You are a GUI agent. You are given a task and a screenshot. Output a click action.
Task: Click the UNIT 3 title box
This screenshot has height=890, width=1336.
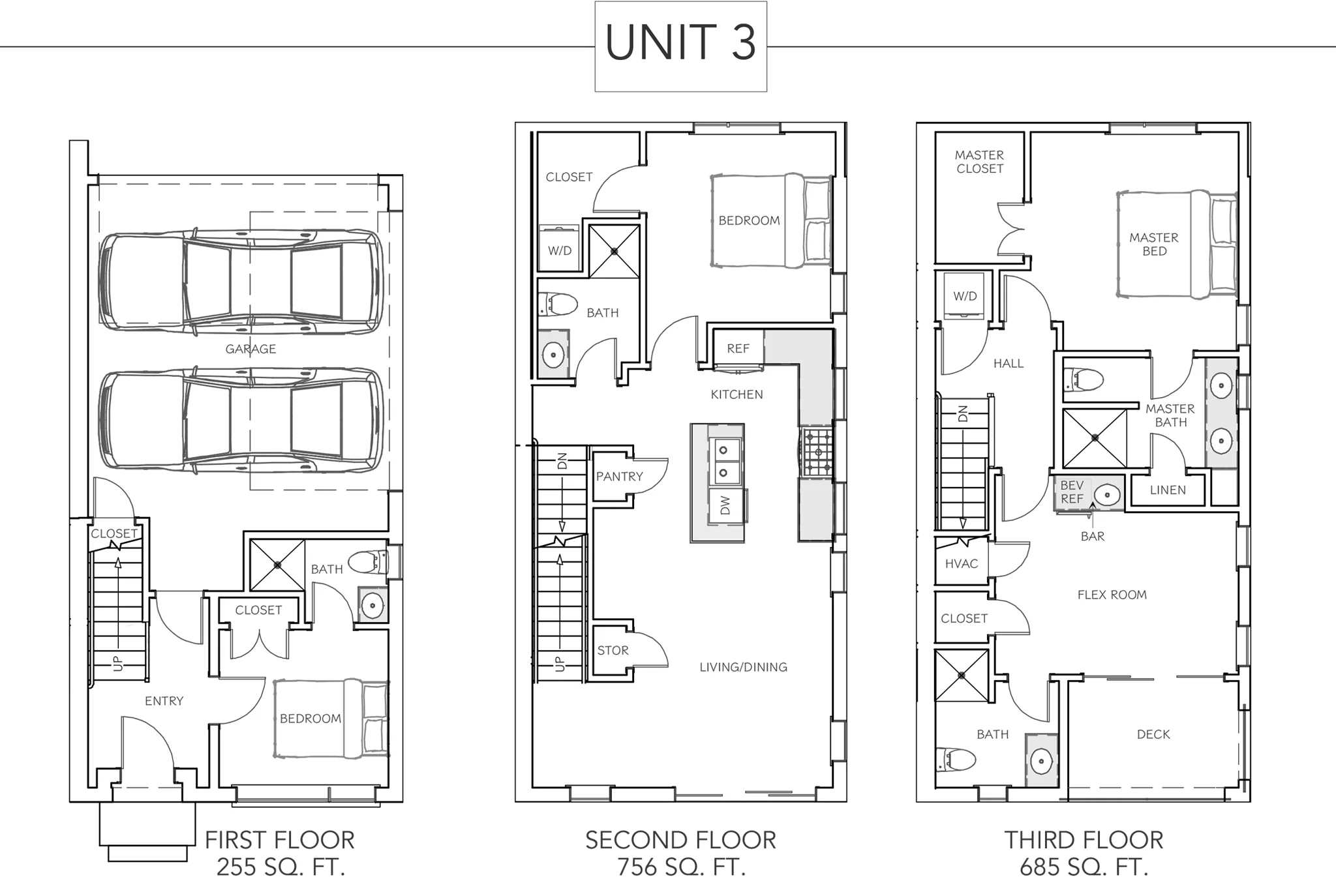680,46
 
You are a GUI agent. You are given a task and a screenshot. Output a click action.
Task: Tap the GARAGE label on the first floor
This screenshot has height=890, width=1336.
250,349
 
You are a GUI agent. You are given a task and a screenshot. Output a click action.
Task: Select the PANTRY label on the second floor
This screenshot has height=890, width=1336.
619,477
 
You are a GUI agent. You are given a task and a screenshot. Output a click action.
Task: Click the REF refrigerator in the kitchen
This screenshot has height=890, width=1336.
738,349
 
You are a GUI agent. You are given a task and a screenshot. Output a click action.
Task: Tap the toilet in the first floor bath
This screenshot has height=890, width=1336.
368,561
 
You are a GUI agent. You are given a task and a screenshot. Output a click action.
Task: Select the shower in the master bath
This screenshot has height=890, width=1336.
1095,438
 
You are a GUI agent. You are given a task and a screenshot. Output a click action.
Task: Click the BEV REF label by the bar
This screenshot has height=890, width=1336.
1072,492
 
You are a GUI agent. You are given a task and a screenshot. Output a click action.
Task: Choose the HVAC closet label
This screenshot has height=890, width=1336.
961,564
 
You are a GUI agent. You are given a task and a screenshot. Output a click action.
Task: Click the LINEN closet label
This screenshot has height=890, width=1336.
1168,490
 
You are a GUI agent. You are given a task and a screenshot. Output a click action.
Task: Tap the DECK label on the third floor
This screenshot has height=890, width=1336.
1153,734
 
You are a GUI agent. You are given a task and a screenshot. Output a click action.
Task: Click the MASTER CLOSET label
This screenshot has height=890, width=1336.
979,162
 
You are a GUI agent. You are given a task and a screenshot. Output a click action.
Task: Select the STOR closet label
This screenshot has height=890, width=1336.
613,651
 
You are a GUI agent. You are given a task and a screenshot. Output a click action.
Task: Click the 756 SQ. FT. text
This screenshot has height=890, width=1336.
680,867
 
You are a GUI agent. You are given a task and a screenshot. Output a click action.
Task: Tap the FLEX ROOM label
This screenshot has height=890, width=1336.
1112,595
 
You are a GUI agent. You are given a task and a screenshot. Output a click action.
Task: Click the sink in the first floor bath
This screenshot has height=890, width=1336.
372,606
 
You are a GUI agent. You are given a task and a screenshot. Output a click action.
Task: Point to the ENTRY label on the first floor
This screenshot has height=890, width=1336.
164,701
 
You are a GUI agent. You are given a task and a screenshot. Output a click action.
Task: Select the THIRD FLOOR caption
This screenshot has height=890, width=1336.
1084,840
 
